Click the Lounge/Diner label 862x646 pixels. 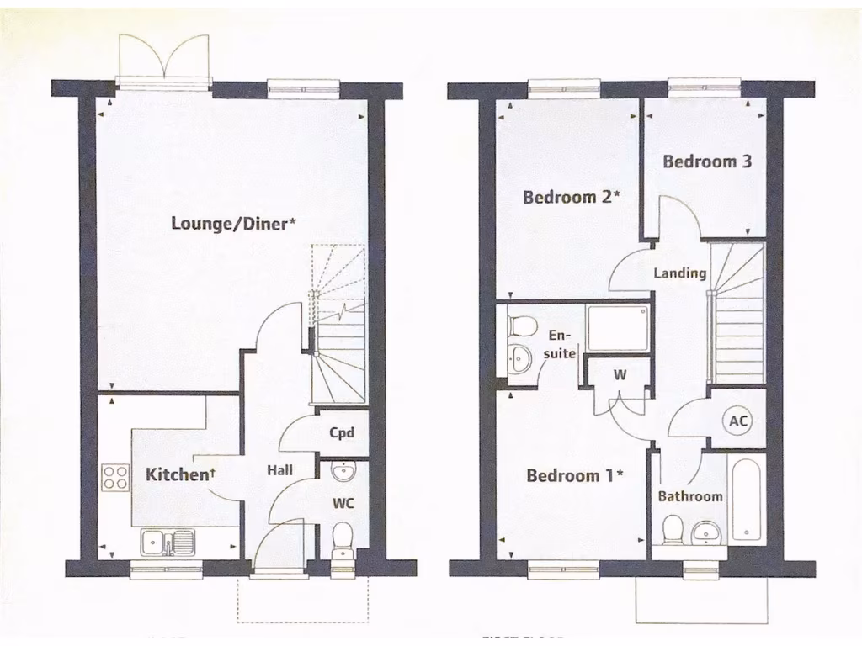point(233,223)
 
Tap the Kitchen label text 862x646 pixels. point(180,474)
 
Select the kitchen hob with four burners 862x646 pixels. point(114,478)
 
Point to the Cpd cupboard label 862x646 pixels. point(342,433)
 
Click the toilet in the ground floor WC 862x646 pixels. point(343,538)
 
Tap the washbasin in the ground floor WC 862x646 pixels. point(343,470)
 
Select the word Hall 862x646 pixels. point(279,470)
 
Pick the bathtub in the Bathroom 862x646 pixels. point(746,500)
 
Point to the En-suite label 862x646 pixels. point(559,344)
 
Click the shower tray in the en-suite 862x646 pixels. point(618,328)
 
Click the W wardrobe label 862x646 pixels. point(620,375)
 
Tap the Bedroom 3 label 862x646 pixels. point(707,161)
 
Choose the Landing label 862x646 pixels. point(680,273)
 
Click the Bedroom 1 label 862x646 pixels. point(574,476)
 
